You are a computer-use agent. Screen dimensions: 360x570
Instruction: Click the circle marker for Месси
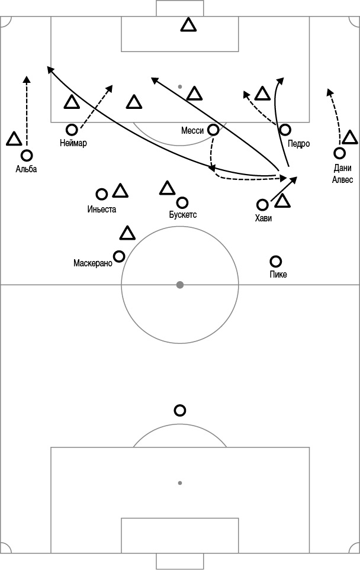213,130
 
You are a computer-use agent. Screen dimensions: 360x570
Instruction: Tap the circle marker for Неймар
72,130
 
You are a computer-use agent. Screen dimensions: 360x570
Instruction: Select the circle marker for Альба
27,156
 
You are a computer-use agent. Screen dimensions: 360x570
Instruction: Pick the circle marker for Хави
262,205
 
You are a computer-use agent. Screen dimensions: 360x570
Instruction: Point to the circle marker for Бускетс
182,202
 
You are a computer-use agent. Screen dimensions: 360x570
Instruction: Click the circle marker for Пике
276,261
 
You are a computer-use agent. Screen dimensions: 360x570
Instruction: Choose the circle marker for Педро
285,130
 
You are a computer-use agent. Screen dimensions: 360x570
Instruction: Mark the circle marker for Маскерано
119,256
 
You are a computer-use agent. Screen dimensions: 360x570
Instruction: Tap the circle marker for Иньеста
101,194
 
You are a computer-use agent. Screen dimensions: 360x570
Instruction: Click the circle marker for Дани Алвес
339,153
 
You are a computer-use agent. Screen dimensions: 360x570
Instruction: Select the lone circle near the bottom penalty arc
180,410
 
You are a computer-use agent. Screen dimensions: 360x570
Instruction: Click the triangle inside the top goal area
188,25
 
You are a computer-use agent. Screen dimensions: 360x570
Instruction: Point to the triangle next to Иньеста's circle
120,191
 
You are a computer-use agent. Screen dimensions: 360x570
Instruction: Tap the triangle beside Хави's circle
282,201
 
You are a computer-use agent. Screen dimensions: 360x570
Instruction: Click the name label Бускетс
183,214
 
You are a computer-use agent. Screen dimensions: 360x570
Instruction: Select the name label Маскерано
93,263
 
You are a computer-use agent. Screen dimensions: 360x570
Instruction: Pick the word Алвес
343,179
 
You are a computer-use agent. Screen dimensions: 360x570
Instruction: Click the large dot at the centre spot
180,285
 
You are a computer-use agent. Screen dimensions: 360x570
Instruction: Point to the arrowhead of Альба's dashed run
27,80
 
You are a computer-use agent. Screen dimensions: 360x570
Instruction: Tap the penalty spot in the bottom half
180,483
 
